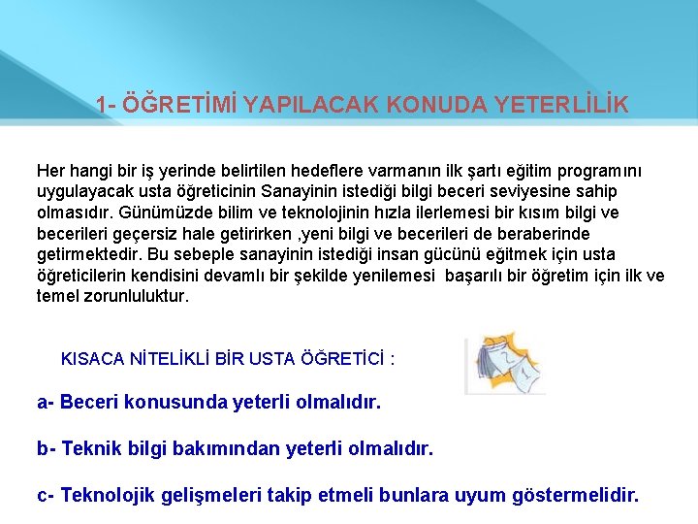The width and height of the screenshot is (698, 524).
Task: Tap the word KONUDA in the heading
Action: (x=428, y=104)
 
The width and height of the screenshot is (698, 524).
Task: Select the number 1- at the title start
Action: (x=109, y=104)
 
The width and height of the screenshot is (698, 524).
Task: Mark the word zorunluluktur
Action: (x=136, y=296)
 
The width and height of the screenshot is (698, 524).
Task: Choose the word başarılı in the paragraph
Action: (x=482, y=276)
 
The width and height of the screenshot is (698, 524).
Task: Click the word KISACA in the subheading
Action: (x=92, y=359)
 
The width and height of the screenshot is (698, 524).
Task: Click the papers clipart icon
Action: (x=502, y=365)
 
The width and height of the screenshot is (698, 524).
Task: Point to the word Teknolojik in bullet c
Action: (x=106, y=496)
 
